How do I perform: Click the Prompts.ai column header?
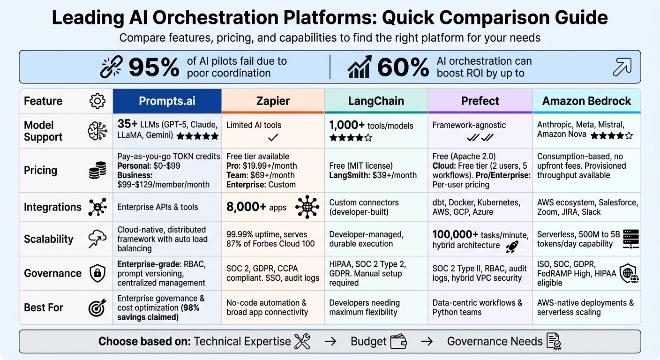point(167,101)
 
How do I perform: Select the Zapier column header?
point(273,101)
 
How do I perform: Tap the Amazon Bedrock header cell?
point(586,101)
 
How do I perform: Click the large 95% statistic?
point(153,67)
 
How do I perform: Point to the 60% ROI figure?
point(403,67)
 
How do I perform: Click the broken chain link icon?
point(112,67)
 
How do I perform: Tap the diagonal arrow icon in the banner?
point(622,67)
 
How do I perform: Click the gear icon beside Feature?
point(97,101)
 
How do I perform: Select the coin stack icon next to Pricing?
point(97,171)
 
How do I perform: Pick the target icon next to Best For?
point(97,307)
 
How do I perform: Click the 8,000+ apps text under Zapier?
point(256,207)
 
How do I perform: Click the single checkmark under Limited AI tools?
point(273,137)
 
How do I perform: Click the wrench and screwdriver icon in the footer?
point(302,341)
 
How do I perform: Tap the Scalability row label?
point(49,239)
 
